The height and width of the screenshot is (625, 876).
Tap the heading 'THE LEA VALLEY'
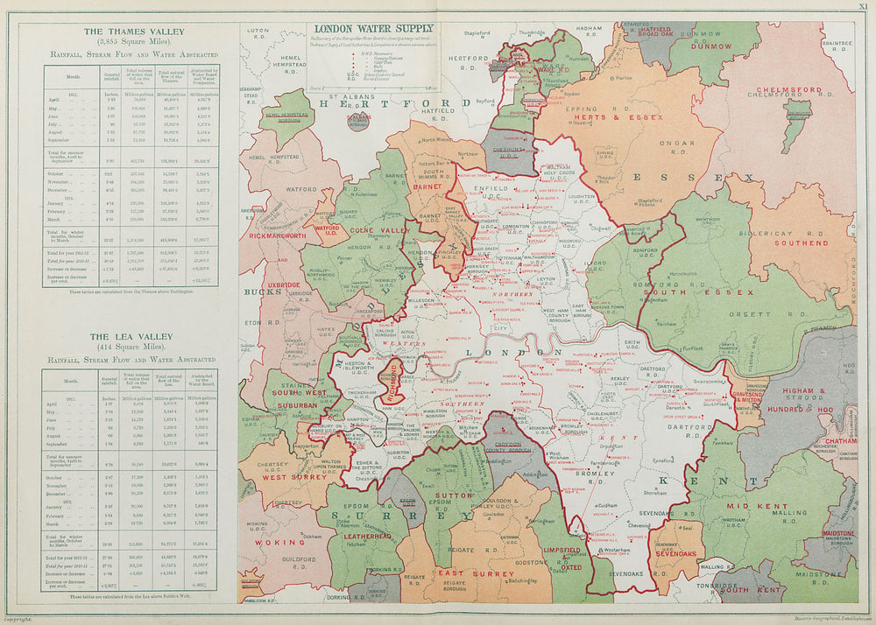point(128,336)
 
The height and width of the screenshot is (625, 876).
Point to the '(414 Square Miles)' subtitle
point(128,348)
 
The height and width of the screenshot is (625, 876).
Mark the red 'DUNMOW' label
point(710,46)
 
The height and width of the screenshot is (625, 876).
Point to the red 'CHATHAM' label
point(839,441)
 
